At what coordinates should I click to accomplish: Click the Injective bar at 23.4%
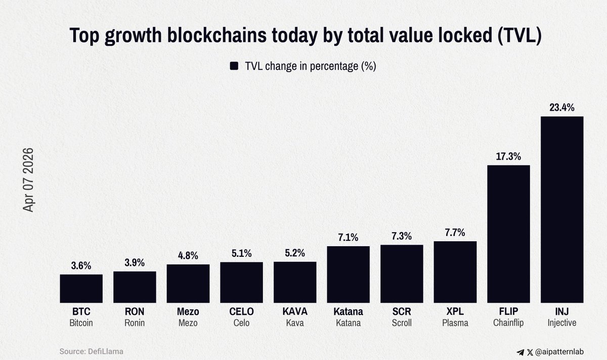point(562,210)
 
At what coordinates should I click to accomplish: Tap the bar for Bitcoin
point(81,289)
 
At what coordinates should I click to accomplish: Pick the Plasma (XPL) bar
point(455,272)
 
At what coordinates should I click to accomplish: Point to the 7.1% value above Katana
point(349,237)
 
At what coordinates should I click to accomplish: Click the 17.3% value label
point(508,156)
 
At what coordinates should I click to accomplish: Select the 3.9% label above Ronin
point(135,262)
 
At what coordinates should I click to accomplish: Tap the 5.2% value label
point(295,253)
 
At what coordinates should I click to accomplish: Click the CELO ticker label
point(241,311)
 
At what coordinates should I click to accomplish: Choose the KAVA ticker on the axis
point(295,311)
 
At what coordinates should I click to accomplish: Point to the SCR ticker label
point(402,311)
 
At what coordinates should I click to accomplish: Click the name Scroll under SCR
point(402,323)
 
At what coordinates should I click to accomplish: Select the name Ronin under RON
point(135,323)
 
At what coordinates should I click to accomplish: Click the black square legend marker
point(234,66)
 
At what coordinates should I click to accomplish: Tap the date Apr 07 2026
point(28,179)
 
